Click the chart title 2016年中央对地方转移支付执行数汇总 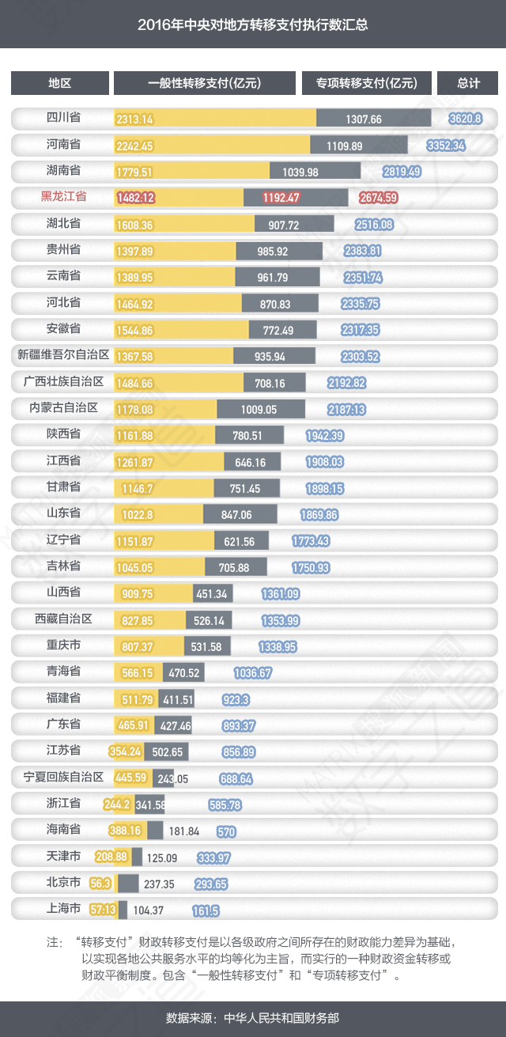[253, 25]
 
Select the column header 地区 [60, 83]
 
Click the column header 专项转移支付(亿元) [367, 83]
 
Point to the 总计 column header [468, 83]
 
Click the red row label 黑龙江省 [64, 197]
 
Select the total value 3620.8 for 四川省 [465, 119]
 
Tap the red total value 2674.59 [378, 198]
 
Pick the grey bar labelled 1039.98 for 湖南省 [315, 172]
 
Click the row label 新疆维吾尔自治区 [63, 355]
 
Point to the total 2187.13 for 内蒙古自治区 [346, 409]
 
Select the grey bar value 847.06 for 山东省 [240, 514]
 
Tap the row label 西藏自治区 [64, 619]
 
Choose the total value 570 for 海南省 [226, 831]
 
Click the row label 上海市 [64, 909]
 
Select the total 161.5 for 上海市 [206, 910]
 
